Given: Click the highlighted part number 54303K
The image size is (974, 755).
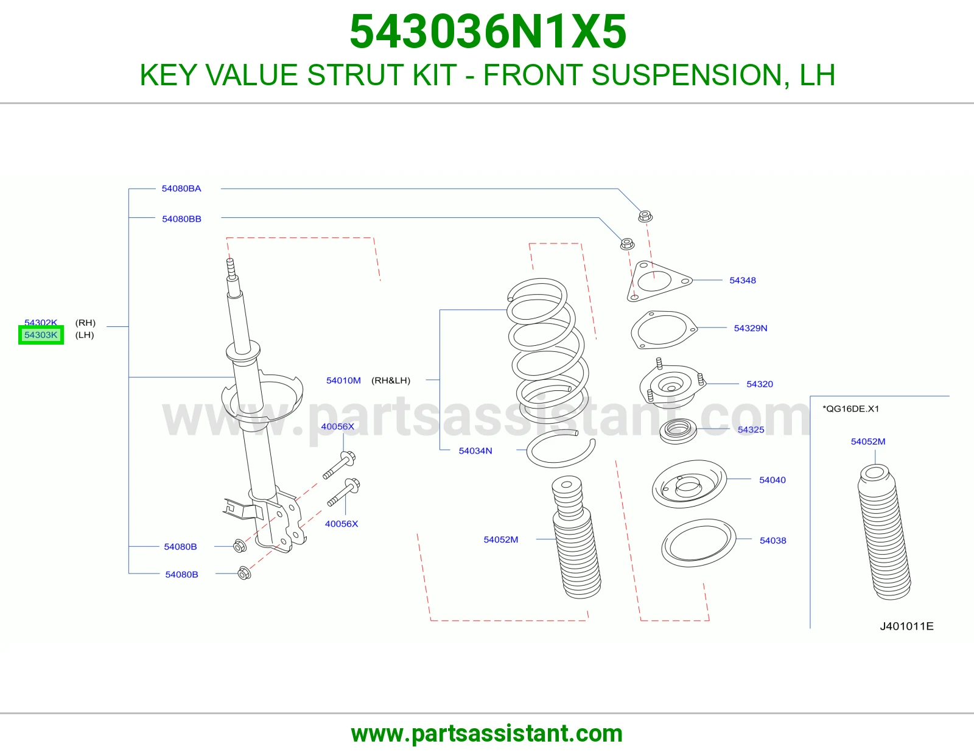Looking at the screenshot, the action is (41, 335).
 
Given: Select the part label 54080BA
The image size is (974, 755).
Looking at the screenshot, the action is (181, 189).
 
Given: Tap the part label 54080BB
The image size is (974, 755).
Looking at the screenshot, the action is (181, 219).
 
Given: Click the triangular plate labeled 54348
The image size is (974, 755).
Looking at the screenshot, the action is (659, 281).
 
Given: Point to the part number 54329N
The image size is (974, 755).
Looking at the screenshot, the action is (751, 328).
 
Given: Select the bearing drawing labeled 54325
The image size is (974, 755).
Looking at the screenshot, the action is (678, 431).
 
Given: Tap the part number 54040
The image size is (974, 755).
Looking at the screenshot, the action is (773, 480).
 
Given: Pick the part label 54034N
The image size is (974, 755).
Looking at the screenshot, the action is (475, 451).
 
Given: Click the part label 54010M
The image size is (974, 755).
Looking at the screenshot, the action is (343, 381).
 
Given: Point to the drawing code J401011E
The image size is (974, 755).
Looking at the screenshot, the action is (906, 627).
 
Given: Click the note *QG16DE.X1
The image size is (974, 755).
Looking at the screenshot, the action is (851, 409).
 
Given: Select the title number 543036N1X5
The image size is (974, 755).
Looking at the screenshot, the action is (488, 32).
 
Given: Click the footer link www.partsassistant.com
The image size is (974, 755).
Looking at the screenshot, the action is (487, 734).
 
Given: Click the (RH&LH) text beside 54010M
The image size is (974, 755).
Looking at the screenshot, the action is (391, 381).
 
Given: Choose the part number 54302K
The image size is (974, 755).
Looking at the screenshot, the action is (41, 322).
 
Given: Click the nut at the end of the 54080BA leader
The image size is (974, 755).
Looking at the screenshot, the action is (645, 216).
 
